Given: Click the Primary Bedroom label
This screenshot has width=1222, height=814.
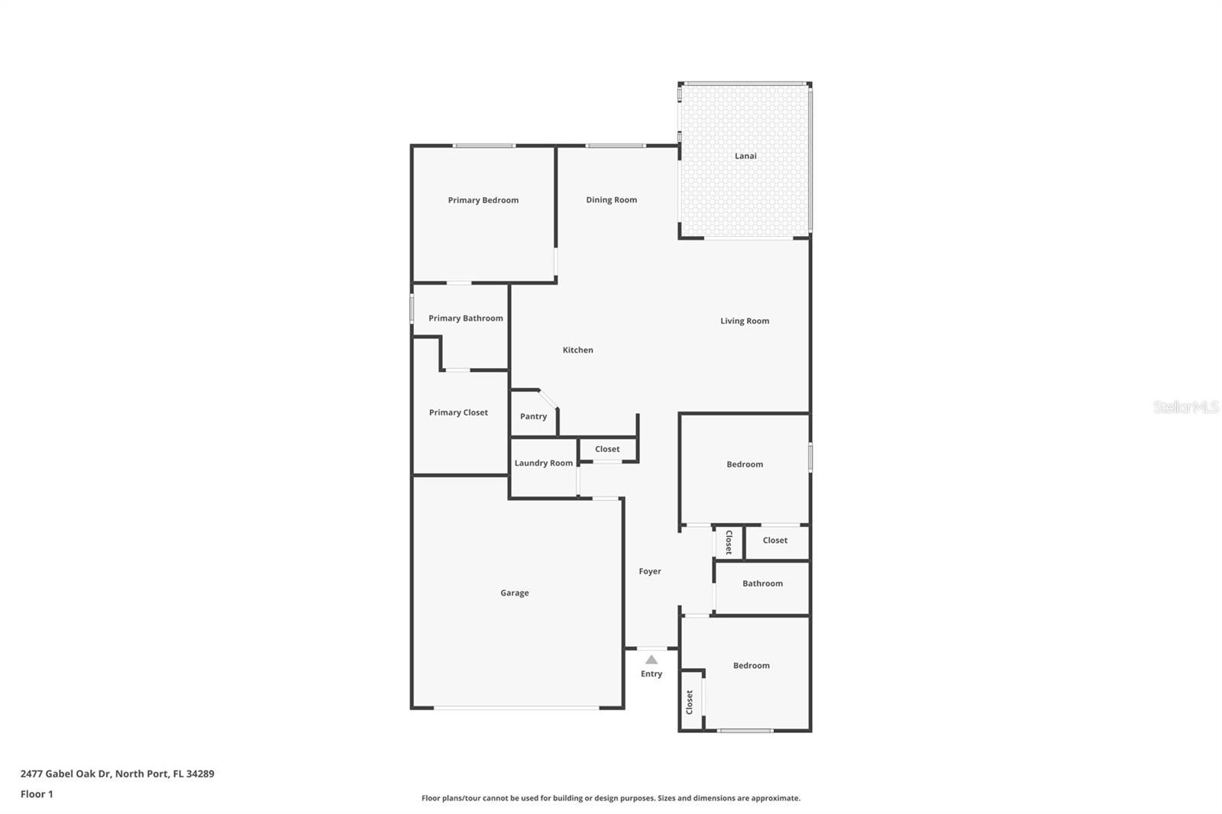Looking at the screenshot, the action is (483, 200).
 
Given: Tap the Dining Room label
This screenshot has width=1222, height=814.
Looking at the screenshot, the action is (611, 199).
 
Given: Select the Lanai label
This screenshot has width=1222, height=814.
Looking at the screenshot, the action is (745, 156).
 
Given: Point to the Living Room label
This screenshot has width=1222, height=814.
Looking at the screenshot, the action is (745, 321).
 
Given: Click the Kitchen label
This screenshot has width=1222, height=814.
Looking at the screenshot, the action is (577, 350).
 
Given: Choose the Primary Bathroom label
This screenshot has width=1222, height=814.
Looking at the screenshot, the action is (465, 318).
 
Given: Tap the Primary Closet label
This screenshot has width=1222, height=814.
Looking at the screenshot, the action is (458, 412).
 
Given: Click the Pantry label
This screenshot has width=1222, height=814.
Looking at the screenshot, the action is (533, 416).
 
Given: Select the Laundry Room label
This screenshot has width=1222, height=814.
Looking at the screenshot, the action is (543, 463).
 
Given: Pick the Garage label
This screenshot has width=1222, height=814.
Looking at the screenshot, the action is (515, 593).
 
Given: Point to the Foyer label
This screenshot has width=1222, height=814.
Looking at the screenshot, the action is (650, 571).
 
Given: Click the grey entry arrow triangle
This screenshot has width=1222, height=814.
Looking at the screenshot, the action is (651, 660).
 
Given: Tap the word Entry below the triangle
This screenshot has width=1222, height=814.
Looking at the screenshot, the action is (651, 673).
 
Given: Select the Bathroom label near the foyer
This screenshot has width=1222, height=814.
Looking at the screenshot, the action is (762, 583).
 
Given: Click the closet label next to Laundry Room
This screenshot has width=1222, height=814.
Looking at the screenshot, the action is (607, 449).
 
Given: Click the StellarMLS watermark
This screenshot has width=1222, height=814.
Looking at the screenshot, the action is (1185, 407).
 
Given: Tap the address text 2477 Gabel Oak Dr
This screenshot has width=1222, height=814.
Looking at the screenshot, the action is (66, 774).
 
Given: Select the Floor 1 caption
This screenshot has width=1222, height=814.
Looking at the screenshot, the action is (37, 794).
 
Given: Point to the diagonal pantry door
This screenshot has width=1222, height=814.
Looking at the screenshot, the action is (548, 399).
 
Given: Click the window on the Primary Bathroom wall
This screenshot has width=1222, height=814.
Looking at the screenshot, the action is (412, 308).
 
